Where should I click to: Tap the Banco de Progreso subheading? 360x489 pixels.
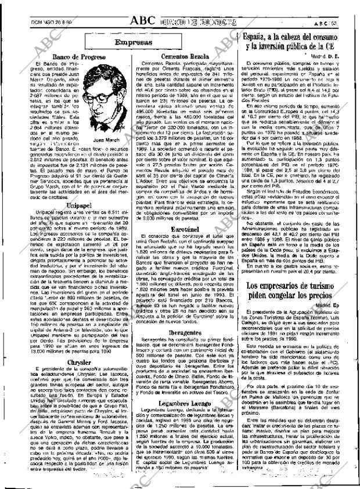click(78, 57)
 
